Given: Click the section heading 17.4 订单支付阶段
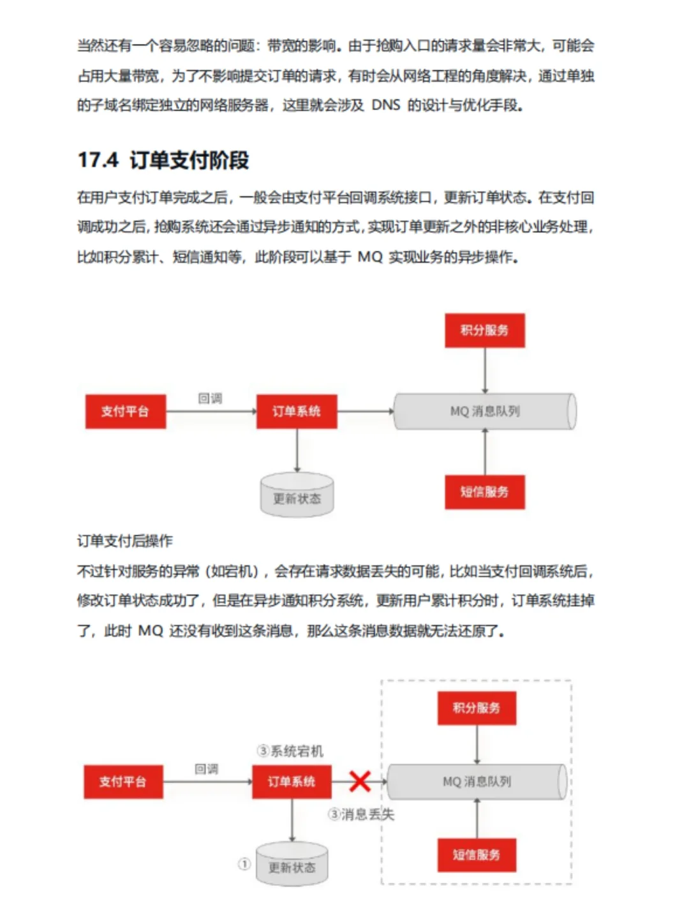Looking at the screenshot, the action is (163, 160).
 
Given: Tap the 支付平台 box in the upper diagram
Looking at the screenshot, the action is (126, 412).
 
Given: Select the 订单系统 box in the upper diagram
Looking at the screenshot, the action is (297, 412).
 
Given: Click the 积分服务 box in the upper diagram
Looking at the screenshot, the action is (485, 331).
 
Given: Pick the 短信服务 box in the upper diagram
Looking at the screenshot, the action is (485, 492).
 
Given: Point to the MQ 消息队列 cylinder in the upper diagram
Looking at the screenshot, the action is (485, 412).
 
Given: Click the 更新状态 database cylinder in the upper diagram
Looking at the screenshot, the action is (297, 496).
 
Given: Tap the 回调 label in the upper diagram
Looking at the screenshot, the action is (210, 399).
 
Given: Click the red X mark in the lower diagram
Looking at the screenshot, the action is (360, 781).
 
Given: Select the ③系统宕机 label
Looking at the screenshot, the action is (290, 751).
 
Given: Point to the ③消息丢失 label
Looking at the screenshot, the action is (361, 814).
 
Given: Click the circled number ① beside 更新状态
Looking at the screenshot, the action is (244, 864).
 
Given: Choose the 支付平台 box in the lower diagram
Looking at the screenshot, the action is (123, 782).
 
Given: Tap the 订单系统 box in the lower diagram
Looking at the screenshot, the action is (292, 782).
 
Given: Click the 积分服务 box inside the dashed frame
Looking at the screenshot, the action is (477, 708).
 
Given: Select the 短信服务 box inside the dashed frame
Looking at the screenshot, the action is (477, 855).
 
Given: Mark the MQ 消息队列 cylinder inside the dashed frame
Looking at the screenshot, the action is (477, 782).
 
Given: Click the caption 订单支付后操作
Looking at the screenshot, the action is (125, 541).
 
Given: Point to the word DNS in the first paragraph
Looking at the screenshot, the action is (386, 105).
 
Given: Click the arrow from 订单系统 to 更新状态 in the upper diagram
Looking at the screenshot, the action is (297, 451).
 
